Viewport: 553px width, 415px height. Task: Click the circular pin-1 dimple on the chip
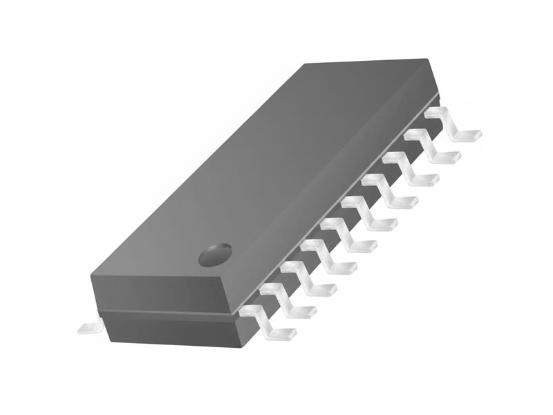point(216,255)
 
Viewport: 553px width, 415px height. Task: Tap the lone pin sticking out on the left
point(90,326)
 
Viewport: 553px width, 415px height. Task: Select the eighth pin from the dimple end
point(409,169)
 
